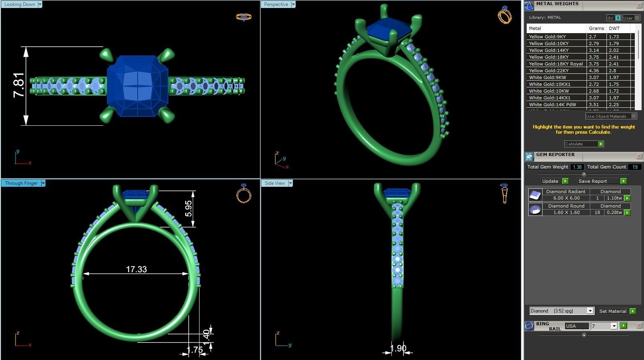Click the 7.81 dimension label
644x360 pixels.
point(19,85)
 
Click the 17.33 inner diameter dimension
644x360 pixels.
point(136,269)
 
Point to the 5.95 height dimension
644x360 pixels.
point(188,208)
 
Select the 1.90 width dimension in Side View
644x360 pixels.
point(398,348)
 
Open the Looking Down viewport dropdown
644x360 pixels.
point(40,4)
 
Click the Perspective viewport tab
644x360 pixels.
point(276,4)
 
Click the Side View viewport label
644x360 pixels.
point(275,183)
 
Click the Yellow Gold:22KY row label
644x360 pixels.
point(549,71)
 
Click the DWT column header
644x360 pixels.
point(614,28)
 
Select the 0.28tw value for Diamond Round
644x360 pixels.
point(614,212)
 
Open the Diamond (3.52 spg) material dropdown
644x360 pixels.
point(590,311)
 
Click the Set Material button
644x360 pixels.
point(612,311)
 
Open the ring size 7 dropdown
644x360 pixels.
point(614,326)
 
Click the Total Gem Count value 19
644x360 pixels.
point(634,167)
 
